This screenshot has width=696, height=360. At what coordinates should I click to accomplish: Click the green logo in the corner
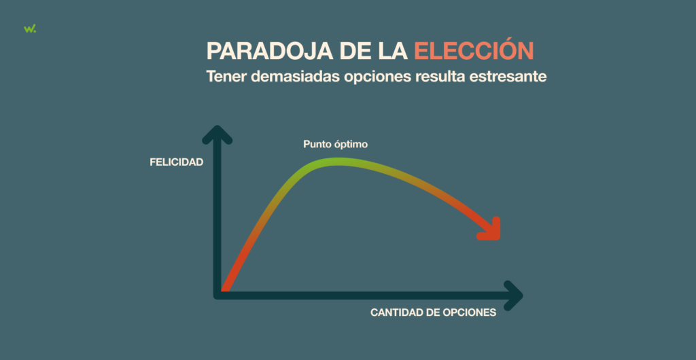tap(29, 28)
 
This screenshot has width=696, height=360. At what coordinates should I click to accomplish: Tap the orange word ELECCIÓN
tap(474, 52)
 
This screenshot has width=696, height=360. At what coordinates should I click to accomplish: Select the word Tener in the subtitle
tap(226, 77)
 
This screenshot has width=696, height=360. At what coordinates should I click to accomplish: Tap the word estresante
tap(515, 77)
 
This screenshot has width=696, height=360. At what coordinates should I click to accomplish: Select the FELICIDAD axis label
tap(176, 162)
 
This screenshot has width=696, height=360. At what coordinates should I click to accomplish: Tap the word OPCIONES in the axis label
tap(472, 312)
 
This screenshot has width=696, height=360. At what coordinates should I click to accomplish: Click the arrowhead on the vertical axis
tap(217, 133)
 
